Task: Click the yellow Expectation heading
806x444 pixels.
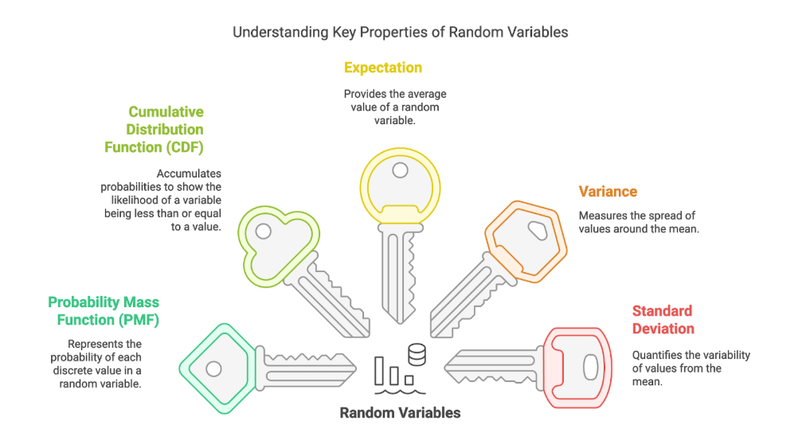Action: [382, 68]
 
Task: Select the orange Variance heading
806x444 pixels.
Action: [608, 192]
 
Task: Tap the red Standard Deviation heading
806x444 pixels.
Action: [663, 320]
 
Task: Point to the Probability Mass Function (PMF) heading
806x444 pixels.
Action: [104, 311]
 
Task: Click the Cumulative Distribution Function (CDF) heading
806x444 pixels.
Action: [154, 130]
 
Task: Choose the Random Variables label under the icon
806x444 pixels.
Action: [400, 413]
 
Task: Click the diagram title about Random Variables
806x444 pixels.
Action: [400, 33]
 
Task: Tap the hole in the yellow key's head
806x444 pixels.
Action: [400, 170]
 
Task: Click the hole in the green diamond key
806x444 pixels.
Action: [213, 369]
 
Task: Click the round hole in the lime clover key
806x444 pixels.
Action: [264, 232]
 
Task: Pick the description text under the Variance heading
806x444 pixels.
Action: [638, 222]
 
